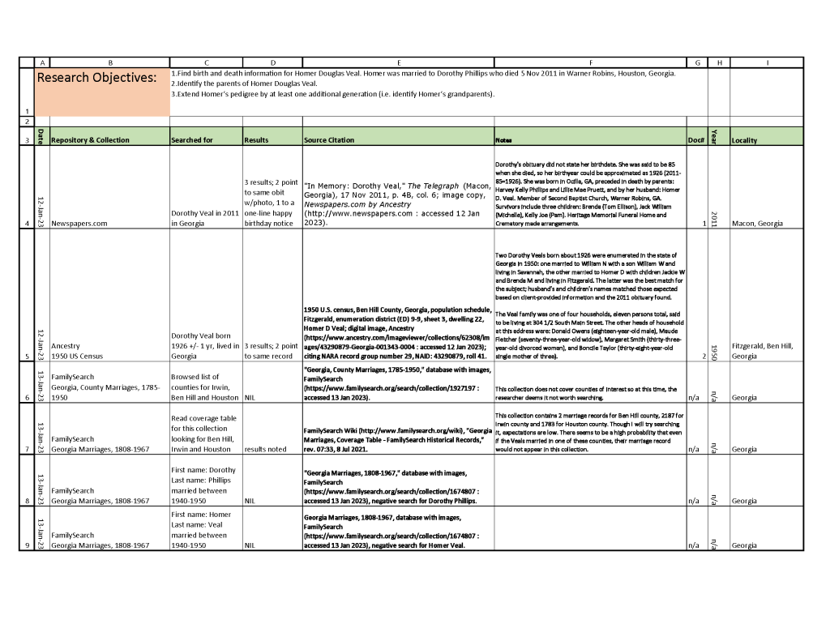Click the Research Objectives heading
point(96,78)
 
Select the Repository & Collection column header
point(90,140)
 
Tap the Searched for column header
point(192,140)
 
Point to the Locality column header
point(744,140)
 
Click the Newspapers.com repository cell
point(79,224)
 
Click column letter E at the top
point(398,62)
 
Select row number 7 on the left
point(28,448)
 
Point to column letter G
point(696,62)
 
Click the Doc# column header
point(695,140)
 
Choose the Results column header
point(256,140)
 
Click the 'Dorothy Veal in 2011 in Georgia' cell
point(206,218)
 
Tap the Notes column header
point(503,140)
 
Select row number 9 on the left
point(28,545)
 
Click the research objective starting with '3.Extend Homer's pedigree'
point(332,94)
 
